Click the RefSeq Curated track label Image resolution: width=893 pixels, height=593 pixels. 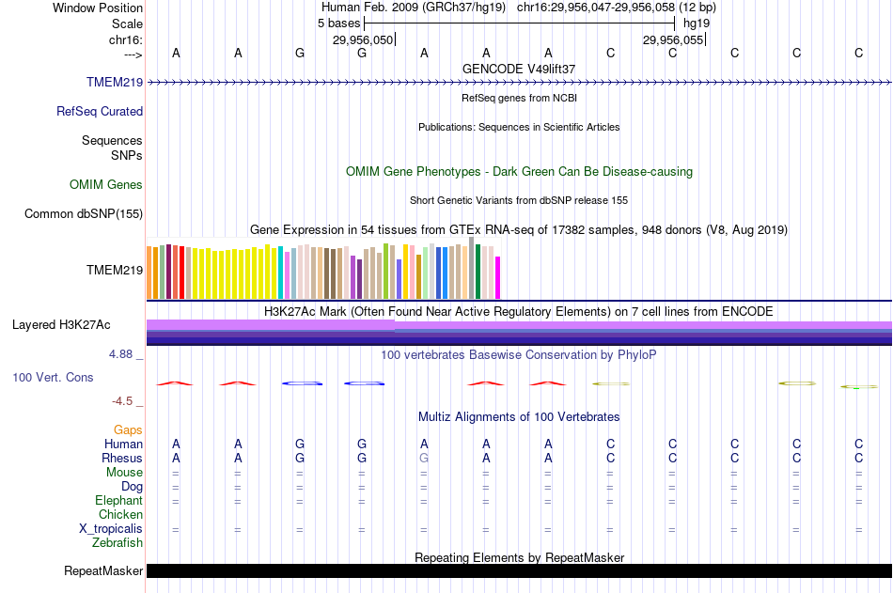(x=100, y=111)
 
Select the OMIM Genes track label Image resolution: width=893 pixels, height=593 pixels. (x=106, y=184)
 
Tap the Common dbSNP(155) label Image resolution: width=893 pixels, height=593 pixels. (x=84, y=213)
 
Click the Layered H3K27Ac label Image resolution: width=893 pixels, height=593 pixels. (x=61, y=325)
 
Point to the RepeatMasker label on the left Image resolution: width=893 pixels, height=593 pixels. (x=103, y=570)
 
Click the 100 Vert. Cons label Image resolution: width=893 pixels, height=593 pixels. (x=53, y=377)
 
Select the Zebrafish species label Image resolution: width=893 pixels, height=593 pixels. (x=117, y=542)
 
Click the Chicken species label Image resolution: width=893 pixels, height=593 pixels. (x=120, y=514)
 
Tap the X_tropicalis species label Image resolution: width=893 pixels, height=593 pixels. (x=111, y=528)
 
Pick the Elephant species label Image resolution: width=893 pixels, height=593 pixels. (x=118, y=500)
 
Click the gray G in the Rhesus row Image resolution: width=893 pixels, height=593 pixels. (x=424, y=458)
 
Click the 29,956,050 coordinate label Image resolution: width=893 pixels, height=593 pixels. (x=363, y=39)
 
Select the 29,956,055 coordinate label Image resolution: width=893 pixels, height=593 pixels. (x=673, y=39)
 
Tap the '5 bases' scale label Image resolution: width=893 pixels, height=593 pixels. (x=338, y=23)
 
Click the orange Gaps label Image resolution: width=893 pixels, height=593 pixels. (x=129, y=429)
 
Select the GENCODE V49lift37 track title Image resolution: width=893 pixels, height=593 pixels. (x=519, y=69)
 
